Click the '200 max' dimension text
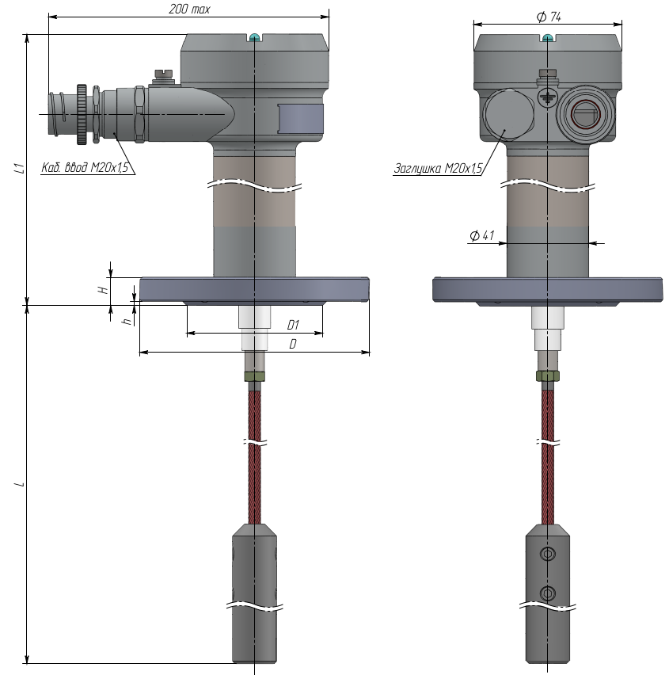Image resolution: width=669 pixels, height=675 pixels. pyautogui.click(x=189, y=9)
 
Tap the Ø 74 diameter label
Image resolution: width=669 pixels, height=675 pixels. pyautogui.click(x=549, y=17)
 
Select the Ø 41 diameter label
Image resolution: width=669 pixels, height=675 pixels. pyautogui.click(x=482, y=235)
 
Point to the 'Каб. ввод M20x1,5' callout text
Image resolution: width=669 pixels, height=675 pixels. pyautogui.click(x=85, y=167)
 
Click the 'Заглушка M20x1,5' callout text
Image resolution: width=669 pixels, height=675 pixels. pyautogui.click(x=438, y=168)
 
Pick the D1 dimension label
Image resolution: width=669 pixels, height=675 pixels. pyautogui.click(x=293, y=325)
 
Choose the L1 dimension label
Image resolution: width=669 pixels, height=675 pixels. pyautogui.click(x=19, y=168)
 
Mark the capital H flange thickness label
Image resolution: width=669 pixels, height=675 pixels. pyautogui.click(x=103, y=290)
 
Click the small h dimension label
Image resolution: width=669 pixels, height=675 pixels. pyautogui.click(x=127, y=321)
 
